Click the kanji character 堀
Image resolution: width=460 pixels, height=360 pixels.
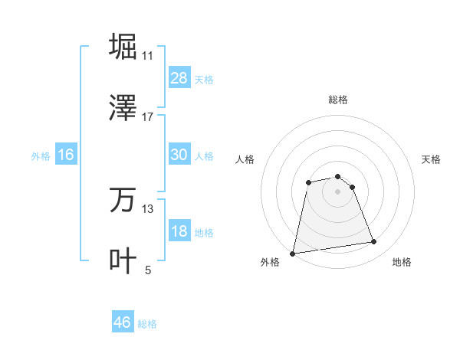click(123, 47)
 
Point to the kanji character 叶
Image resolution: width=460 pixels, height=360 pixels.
click(123, 261)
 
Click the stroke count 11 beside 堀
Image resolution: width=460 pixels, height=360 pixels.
click(148, 55)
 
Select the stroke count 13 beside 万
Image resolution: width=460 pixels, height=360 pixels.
click(148, 208)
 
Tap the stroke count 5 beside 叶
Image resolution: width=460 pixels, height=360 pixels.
click(148, 270)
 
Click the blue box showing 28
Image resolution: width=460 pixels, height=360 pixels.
click(179, 78)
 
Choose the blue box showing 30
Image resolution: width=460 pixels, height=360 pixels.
click(179, 155)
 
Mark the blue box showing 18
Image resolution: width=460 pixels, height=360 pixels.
click(179, 231)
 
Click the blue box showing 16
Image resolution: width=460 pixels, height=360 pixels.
click(66, 155)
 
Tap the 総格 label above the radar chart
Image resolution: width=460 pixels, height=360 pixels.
click(337, 100)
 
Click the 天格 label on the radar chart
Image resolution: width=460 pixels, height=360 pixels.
click(431, 159)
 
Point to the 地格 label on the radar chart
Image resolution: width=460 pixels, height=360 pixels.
click(402, 262)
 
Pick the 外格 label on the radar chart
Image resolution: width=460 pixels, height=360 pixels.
click(270, 262)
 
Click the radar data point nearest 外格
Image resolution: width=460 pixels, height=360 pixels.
click(293, 253)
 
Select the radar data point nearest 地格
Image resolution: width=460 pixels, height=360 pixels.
click(373, 242)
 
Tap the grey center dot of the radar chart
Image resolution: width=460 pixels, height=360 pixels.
click(337, 191)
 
